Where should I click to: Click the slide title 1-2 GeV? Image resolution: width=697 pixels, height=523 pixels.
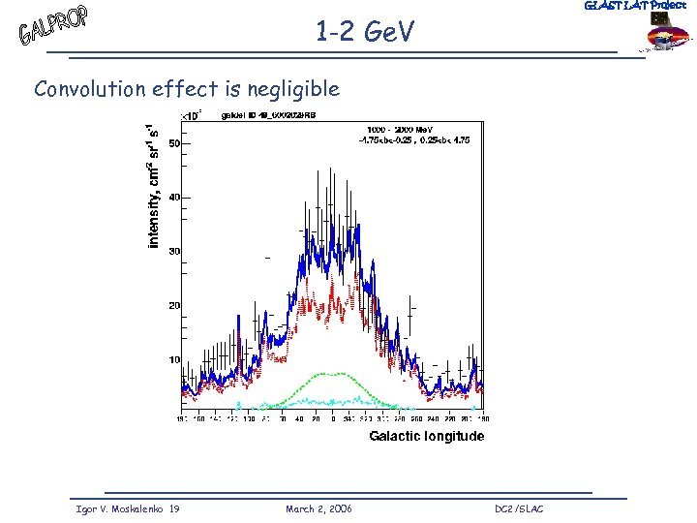tap(364, 33)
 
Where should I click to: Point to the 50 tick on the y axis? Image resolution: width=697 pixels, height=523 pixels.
tap(174, 143)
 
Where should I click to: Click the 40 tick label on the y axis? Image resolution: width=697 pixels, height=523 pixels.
tap(174, 198)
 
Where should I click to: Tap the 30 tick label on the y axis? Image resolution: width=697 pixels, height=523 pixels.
tap(174, 252)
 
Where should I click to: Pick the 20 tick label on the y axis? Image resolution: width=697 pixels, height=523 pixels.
tap(174, 306)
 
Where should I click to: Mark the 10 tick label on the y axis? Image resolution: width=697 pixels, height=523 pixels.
tap(174, 360)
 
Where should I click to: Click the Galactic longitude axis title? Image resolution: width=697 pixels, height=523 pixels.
tap(426, 437)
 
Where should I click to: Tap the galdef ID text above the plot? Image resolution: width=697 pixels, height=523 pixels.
tap(268, 114)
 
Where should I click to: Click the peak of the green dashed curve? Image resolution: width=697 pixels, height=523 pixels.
tap(332, 373)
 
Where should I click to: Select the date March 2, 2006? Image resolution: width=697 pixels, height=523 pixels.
tap(318, 508)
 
